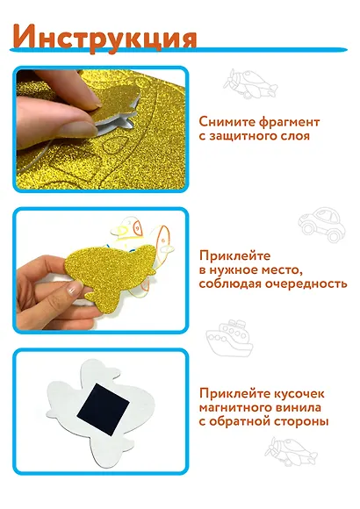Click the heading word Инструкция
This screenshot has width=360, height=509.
coord(104,39)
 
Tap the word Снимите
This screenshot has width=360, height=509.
coord(227,122)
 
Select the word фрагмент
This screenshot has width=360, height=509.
coord(290,123)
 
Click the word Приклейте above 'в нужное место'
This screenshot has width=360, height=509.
coord(235,255)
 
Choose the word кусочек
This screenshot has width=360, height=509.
coord(299,394)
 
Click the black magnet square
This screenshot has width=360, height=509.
coord(104,408)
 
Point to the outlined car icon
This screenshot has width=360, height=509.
coord(321,224)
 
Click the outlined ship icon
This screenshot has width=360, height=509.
coord(230,338)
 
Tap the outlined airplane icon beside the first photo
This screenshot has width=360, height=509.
coord(250,84)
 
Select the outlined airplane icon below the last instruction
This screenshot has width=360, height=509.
coord(290,452)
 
